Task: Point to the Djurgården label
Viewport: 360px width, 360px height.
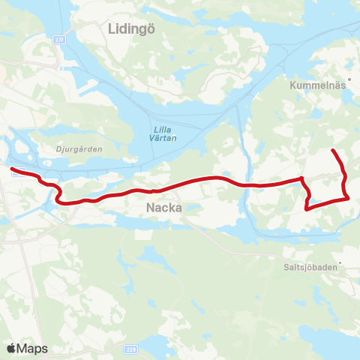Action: click(x=79, y=148)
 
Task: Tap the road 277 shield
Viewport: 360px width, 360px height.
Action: click(x=59, y=40)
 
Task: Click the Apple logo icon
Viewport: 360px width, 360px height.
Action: click(x=11, y=348)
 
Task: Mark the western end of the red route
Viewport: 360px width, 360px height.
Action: click(x=11, y=169)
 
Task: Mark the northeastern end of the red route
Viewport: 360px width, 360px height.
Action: click(x=332, y=151)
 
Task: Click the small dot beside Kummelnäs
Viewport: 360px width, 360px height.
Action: click(x=350, y=86)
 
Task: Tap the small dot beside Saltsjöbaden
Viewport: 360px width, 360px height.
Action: click(x=340, y=262)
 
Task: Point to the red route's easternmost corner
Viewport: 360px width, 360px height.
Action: click(x=349, y=198)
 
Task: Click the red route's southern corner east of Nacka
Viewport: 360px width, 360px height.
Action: click(x=307, y=209)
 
